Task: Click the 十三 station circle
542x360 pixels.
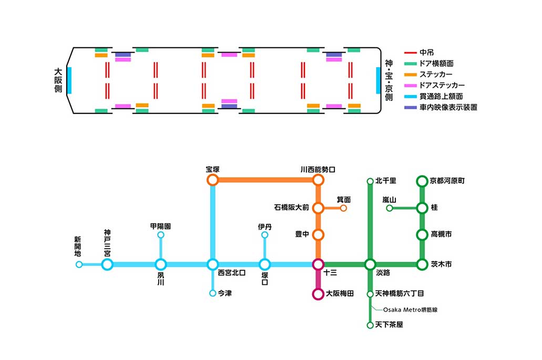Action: pyautogui.click(x=318, y=264)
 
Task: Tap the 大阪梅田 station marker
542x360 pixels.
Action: pyautogui.click(x=318, y=294)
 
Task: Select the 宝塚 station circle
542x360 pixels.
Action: pyautogui.click(x=212, y=180)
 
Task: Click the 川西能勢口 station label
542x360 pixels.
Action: pyautogui.click(x=318, y=169)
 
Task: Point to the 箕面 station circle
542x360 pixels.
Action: pyautogui.click(x=343, y=208)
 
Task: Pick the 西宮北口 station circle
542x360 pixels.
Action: pyautogui.click(x=212, y=264)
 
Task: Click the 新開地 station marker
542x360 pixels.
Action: pyautogui.click(x=79, y=264)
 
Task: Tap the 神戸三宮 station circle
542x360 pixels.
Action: pyautogui.click(x=107, y=264)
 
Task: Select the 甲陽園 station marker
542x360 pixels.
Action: pyautogui.click(x=161, y=235)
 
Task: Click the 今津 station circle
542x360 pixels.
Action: pyautogui.click(x=212, y=293)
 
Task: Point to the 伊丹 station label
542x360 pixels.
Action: pyautogui.click(x=265, y=227)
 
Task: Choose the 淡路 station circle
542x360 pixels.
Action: pyautogui.click(x=370, y=264)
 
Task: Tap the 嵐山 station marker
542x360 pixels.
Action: pyautogui.click(x=389, y=208)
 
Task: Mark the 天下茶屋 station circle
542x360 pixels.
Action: pyautogui.click(x=370, y=325)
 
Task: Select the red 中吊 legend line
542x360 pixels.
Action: pyautogui.click(x=410, y=53)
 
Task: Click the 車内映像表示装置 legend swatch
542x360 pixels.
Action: pyautogui.click(x=410, y=107)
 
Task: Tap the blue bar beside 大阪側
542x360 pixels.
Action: pyautogui.click(x=69, y=80)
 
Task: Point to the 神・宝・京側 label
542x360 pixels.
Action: pyautogui.click(x=388, y=80)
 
